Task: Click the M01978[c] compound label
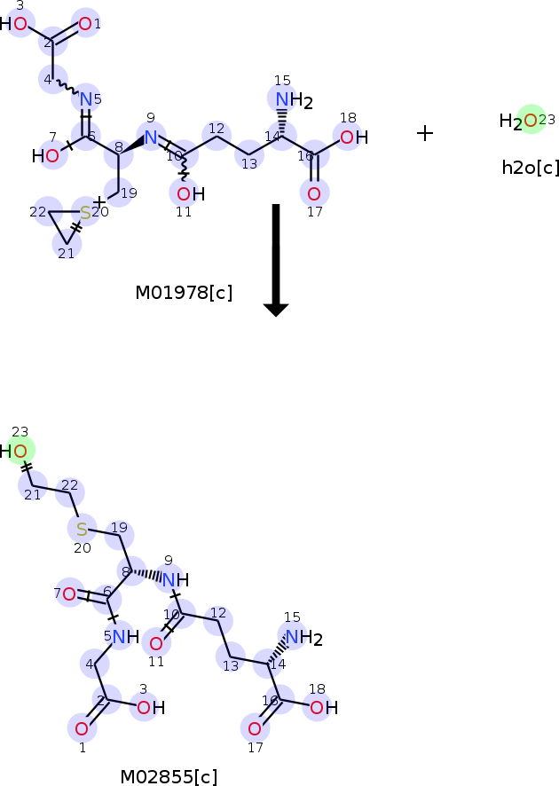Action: [x=184, y=293]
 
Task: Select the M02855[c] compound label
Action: [x=169, y=777]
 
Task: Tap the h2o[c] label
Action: [x=531, y=168]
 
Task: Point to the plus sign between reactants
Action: [x=425, y=133]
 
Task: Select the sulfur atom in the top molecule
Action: [x=85, y=213]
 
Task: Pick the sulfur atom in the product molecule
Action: [x=82, y=530]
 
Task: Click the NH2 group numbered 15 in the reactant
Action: [x=288, y=101]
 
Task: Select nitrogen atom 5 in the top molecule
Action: [x=86, y=99]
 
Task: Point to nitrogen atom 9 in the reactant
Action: [x=151, y=137]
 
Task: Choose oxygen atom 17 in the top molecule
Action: [x=313, y=193]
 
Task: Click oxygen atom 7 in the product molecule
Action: [x=69, y=593]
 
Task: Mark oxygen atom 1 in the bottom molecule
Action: [x=82, y=729]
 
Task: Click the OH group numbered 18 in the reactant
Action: [x=352, y=138]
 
